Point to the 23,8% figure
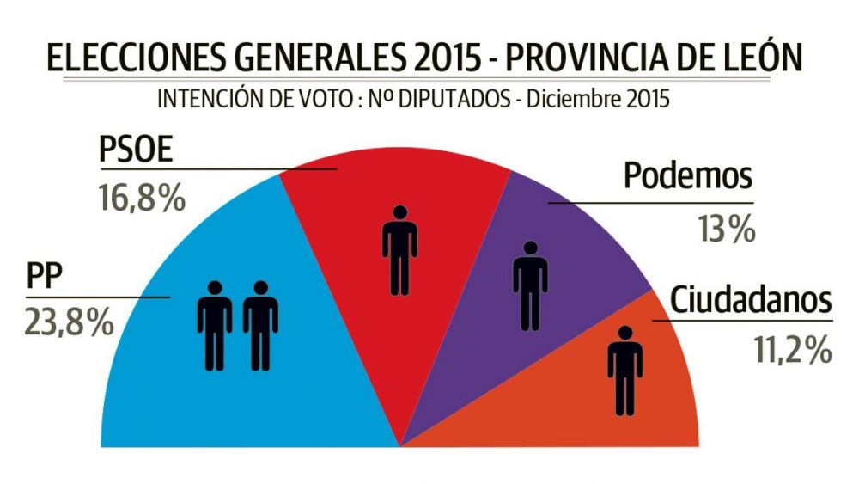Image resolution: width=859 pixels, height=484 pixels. (x=70, y=324)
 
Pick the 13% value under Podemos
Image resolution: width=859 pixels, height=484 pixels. (x=726, y=228)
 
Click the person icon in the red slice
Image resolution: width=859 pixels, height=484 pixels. (x=399, y=249)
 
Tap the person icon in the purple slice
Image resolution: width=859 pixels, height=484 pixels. (x=530, y=285)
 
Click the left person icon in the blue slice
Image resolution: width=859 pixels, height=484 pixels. (x=214, y=325)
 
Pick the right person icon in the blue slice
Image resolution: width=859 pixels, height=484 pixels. (x=259, y=325)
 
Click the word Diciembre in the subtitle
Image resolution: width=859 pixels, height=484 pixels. (x=575, y=100)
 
